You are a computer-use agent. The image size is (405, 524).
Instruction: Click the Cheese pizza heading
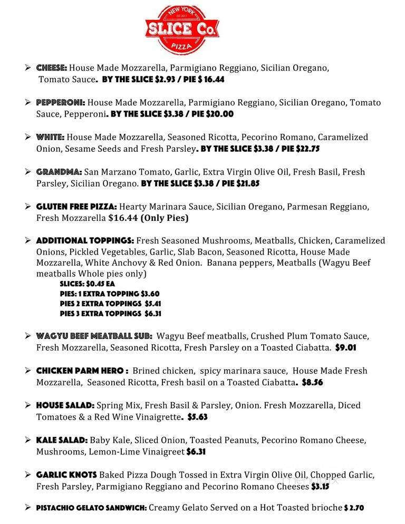point(51,69)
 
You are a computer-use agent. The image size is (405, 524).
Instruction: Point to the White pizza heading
point(50,137)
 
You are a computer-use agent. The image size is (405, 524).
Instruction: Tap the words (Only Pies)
point(164,218)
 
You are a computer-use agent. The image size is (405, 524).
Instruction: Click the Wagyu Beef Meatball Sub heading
point(94,336)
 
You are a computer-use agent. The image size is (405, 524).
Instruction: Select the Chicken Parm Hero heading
point(82,371)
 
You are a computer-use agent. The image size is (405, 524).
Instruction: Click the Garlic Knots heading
point(66,474)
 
